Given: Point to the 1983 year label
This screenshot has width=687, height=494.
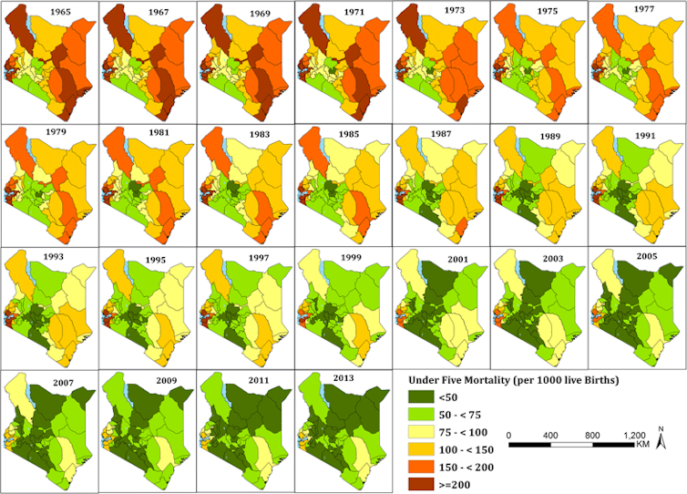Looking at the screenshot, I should [257, 135].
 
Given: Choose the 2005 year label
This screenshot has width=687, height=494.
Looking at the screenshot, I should [648, 258].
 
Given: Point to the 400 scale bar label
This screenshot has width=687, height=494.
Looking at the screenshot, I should [549, 434].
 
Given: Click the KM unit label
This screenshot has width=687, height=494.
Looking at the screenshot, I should [643, 445].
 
